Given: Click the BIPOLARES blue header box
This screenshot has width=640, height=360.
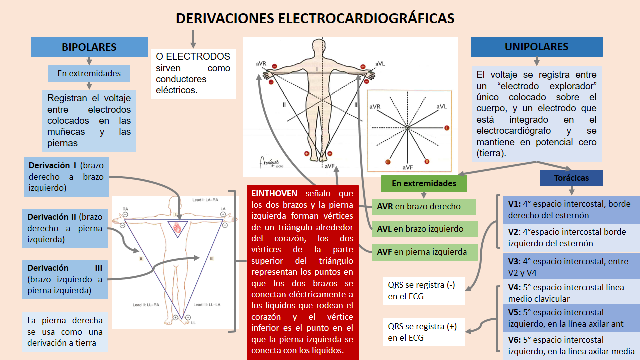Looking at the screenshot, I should (x=89, y=47).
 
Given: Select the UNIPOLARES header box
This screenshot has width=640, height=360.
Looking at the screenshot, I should (x=536, y=47).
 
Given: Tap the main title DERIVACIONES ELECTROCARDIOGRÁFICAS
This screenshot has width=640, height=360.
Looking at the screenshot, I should (x=315, y=19).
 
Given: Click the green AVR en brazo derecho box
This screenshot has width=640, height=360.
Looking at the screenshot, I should (x=424, y=206).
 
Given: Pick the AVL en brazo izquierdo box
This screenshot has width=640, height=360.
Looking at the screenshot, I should (x=424, y=229).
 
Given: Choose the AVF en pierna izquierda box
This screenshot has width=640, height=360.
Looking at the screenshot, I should (x=424, y=252).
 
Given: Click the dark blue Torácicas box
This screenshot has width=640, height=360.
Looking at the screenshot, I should (x=571, y=178).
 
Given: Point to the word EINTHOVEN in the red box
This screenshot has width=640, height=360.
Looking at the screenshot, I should (x=274, y=193).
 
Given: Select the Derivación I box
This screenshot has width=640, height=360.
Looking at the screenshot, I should (x=66, y=177).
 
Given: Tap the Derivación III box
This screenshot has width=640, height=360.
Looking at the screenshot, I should (x=65, y=279).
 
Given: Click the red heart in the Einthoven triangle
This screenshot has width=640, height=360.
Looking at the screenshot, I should (x=178, y=228).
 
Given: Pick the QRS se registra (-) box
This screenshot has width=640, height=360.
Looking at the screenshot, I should (x=424, y=290).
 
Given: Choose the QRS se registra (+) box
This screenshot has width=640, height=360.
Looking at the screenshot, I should (x=424, y=332).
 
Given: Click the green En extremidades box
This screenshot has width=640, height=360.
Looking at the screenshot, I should (x=424, y=183).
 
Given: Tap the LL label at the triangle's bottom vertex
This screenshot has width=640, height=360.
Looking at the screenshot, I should (x=193, y=323).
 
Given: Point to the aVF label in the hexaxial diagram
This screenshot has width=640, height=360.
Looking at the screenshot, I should (x=408, y=167).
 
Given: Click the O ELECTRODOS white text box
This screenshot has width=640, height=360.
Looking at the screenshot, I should (x=193, y=73).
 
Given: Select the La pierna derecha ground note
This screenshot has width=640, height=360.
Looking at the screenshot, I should (x=65, y=332).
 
